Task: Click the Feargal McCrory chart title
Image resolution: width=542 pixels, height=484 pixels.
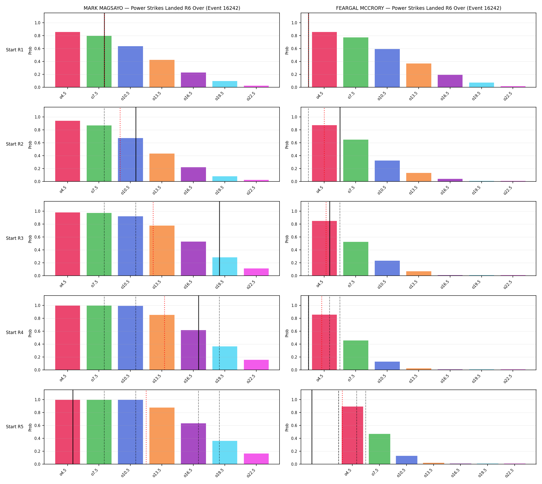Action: click(x=418, y=8)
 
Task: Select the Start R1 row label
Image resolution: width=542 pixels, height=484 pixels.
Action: click(x=15, y=50)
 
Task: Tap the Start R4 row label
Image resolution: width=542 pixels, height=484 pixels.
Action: click(x=15, y=332)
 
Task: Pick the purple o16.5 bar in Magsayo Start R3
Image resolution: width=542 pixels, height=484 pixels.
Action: click(x=193, y=258)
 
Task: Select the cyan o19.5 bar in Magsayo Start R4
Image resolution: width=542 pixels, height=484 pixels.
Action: click(x=225, y=358)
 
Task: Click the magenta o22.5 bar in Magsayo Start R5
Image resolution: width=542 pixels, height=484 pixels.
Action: click(x=256, y=459)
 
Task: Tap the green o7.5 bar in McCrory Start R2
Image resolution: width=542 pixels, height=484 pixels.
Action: click(x=356, y=160)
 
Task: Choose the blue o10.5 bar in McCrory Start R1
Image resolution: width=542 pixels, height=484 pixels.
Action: click(x=387, y=68)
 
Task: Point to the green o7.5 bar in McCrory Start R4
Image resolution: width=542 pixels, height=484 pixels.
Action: click(x=356, y=355)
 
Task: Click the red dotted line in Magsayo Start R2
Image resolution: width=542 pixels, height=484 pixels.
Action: click(x=120, y=144)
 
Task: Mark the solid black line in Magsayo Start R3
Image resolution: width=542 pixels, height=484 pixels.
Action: click(x=219, y=239)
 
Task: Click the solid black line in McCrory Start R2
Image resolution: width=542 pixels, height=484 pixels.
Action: click(x=340, y=144)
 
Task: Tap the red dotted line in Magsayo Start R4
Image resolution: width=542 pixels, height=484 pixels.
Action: click(x=164, y=333)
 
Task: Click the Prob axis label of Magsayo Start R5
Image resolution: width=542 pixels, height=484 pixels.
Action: click(x=30, y=427)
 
